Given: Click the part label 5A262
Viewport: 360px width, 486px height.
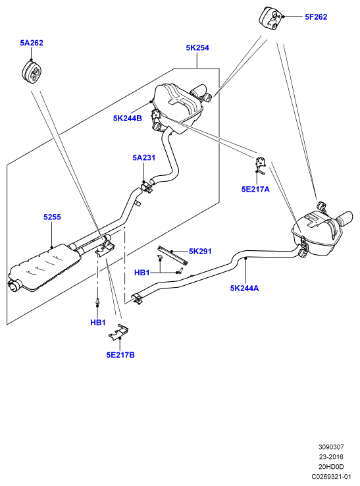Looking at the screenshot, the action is [x=32, y=43].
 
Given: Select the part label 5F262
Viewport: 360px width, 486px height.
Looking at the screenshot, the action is [x=316, y=16].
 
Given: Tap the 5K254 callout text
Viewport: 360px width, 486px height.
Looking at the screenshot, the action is [x=197, y=47].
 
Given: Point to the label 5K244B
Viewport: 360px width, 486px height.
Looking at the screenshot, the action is [x=127, y=118].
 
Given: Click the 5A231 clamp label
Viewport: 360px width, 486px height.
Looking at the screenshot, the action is [x=143, y=157].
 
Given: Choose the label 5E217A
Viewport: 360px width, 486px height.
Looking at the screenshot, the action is [x=255, y=189].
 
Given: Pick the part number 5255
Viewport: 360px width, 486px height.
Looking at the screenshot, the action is [x=52, y=217].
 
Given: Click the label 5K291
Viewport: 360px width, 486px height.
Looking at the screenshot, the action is [x=200, y=252].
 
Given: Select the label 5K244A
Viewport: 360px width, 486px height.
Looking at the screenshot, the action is [x=244, y=288].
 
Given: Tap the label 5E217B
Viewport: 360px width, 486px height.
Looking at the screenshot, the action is [x=120, y=355].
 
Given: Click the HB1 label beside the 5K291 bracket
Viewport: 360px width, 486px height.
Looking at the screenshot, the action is [x=142, y=273].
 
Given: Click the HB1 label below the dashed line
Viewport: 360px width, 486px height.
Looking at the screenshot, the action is [x=98, y=323].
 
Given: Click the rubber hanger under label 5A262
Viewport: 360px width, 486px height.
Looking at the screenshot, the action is [x=32, y=71].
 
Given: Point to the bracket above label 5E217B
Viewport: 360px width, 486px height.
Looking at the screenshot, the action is [x=118, y=333].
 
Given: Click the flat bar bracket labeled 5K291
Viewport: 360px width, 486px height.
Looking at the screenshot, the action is [x=172, y=255].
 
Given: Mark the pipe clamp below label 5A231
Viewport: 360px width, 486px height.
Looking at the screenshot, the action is [x=147, y=188].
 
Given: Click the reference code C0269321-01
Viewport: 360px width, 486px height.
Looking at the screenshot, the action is [x=331, y=477].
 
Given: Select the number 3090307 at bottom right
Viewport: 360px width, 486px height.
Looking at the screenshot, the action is [x=331, y=447].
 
